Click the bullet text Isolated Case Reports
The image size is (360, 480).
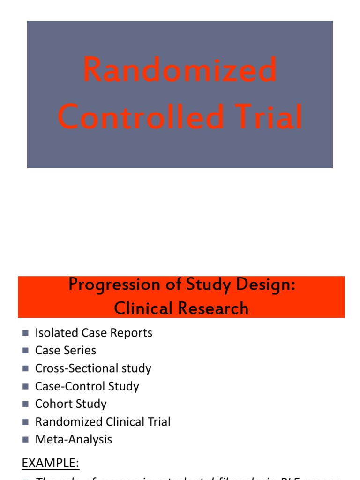pos(94,333)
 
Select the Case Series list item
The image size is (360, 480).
pos(66,351)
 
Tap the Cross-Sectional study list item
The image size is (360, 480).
pos(93,368)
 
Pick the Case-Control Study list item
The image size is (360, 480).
pos(87,386)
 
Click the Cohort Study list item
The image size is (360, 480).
pos(71,404)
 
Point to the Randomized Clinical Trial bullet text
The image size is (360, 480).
pos(103,422)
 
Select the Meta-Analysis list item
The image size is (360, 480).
pos(74,440)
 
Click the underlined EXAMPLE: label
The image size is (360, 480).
pos(51,464)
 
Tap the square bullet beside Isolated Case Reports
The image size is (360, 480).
pos(25,333)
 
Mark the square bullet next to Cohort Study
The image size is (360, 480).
pos(25,404)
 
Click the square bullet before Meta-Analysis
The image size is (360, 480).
pos(25,440)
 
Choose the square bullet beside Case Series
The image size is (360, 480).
pos(25,351)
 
